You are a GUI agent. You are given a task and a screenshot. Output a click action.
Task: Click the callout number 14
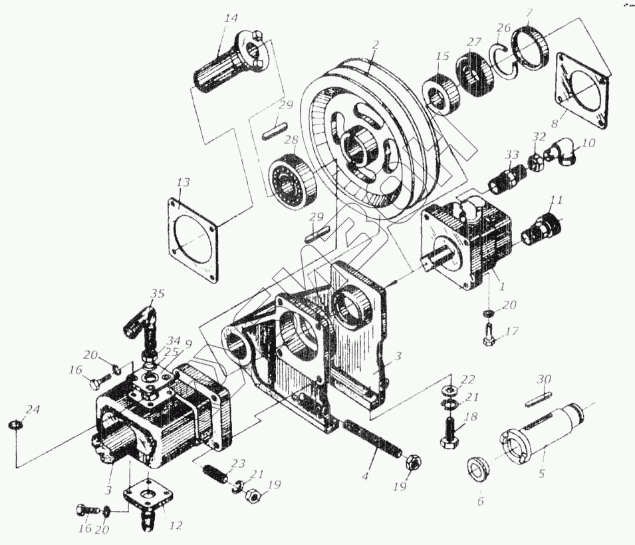point(230,19)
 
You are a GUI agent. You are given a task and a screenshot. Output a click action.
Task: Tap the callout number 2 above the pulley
point(375,46)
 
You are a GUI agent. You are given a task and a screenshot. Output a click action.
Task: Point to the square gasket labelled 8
point(581,91)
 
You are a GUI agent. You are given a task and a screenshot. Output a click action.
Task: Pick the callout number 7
point(529,13)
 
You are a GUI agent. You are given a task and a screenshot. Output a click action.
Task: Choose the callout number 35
point(157,293)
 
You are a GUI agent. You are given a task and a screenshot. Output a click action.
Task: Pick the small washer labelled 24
point(14,425)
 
